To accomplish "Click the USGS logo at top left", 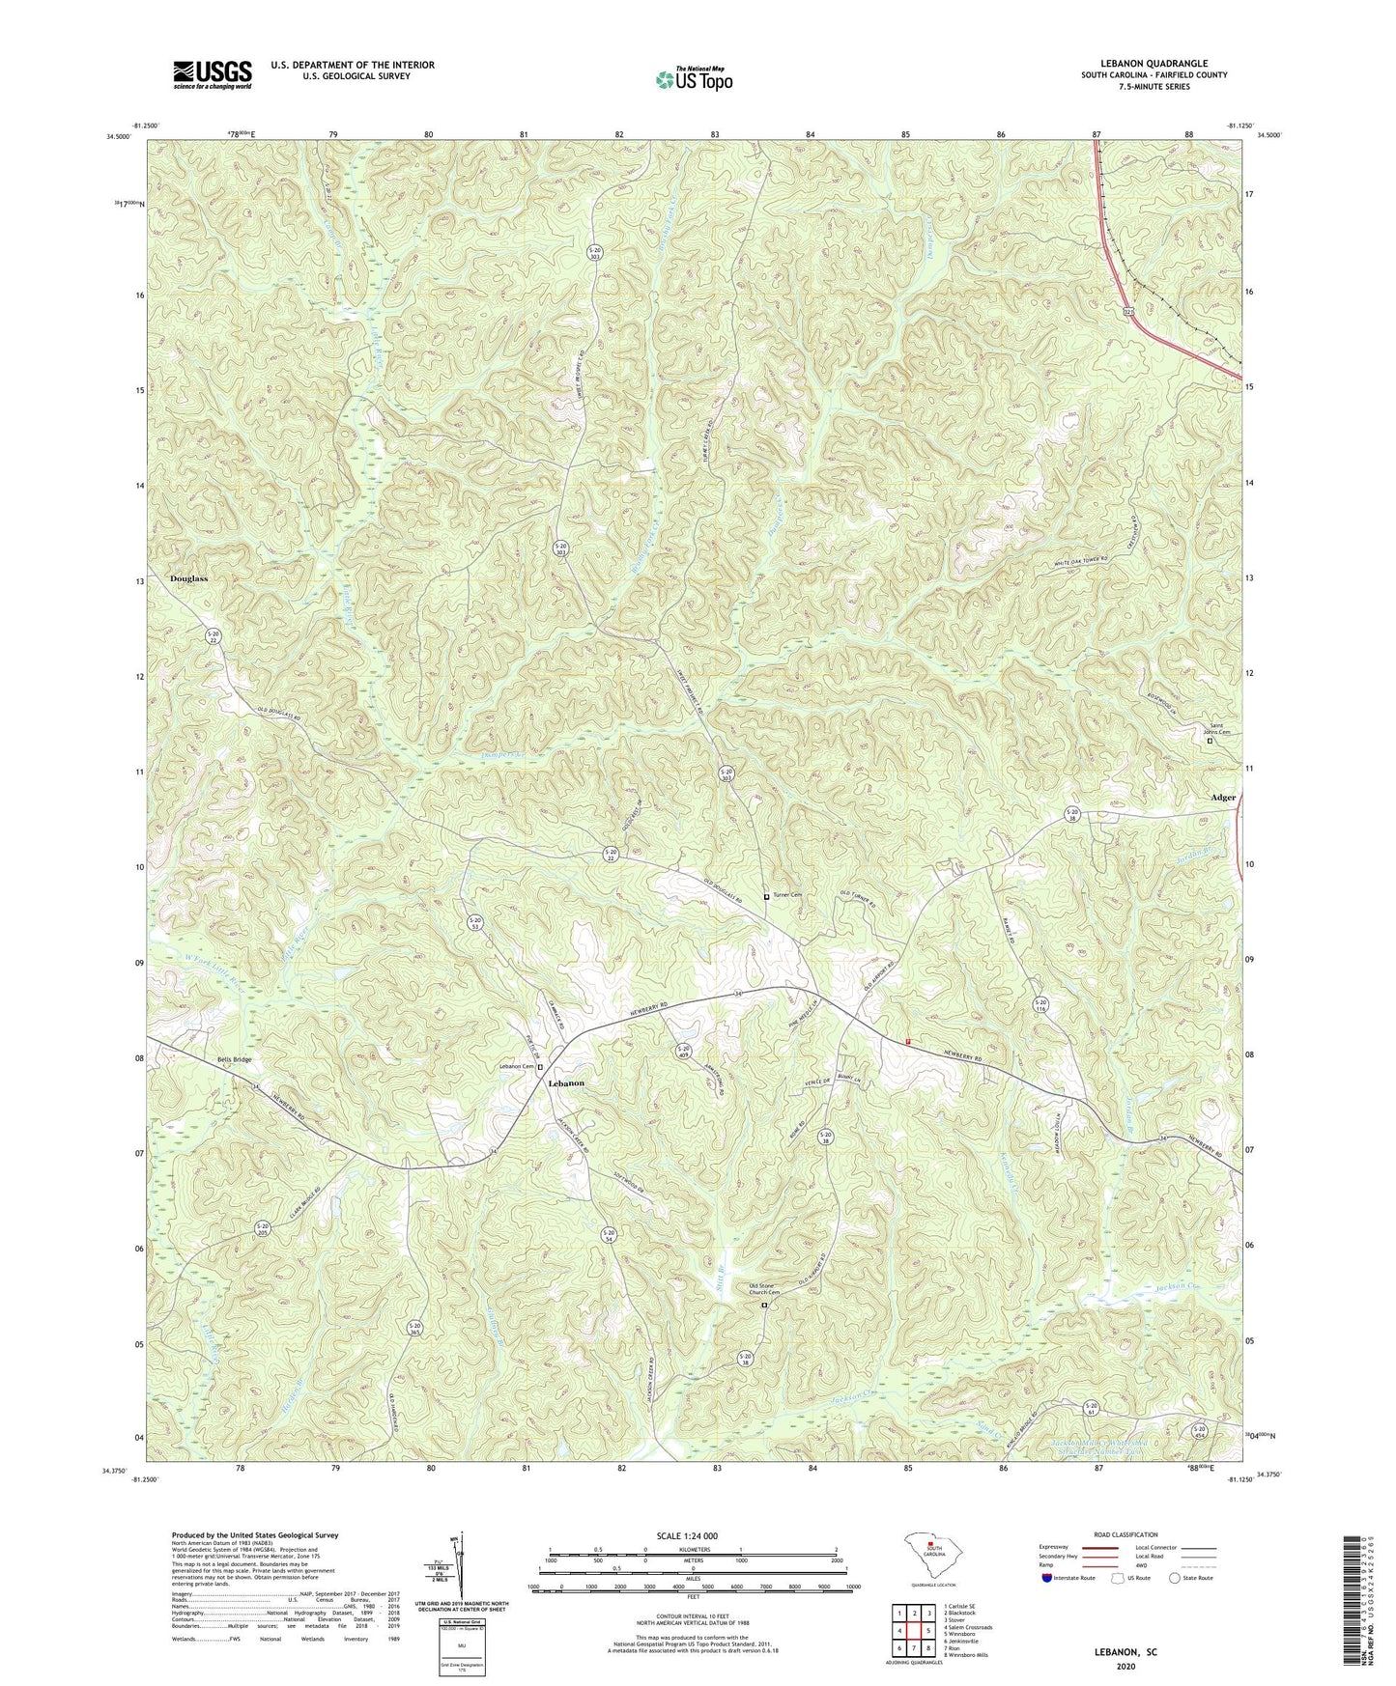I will click(212, 74).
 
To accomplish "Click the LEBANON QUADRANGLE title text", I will click(1154, 64).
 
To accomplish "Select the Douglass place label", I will click(188, 578).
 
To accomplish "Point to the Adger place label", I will click(1223, 798).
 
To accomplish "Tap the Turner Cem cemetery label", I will click(786, 895).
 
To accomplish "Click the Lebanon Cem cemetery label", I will click(516, 1066).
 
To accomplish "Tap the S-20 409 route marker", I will click(683, 1052).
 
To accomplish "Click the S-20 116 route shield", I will click(1040, 1004).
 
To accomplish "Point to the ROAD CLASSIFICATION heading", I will click(1126, 1534).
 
